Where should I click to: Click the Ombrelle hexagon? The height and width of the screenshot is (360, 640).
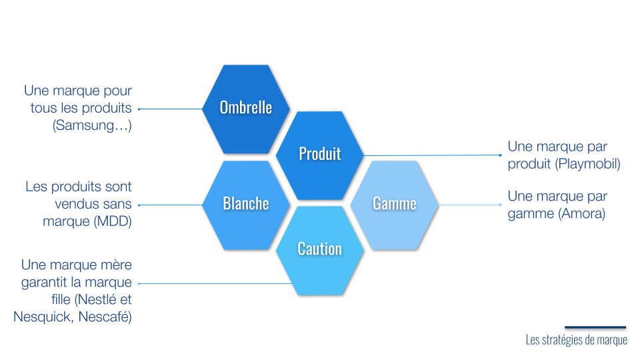click(x=246, y=108)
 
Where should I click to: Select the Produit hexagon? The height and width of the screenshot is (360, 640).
click(x=320, y=154)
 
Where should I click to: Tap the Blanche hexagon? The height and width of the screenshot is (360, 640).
click(x=246, y=204)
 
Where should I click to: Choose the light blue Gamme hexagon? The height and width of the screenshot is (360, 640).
click(x=395, y=204)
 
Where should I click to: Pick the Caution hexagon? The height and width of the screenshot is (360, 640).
click(x=320, y=249)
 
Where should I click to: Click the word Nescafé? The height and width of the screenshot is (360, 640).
click(x=104, y=317)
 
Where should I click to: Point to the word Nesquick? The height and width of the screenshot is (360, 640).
click(x=43, y=317)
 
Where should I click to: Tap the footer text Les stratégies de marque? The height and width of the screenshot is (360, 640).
click(x=576, y=340)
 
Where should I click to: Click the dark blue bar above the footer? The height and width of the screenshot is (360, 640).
click(x=595, y=327)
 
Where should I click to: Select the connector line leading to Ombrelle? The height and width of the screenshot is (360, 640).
click(x=170, y=109)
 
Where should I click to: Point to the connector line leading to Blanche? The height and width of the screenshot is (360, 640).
click(x=170, y=205)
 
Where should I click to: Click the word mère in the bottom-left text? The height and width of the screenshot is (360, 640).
click(x=116, y=265)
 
